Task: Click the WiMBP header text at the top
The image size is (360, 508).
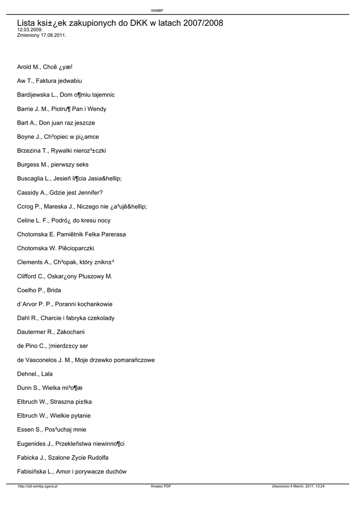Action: click(x=157, y=10)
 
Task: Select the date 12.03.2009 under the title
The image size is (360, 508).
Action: click(x=29, y=30)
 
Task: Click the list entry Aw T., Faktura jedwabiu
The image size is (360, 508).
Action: click(x=49, y=80)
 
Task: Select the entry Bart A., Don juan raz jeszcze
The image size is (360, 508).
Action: click(x=56, y=123)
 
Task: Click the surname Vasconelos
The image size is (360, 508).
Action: click(x=45, y=360)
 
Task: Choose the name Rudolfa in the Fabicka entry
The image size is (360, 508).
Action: click(x=96, y=457)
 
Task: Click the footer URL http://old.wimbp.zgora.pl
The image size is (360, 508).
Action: click(x=38, y=487)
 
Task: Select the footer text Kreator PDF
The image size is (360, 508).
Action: click(x=161, y=487)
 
